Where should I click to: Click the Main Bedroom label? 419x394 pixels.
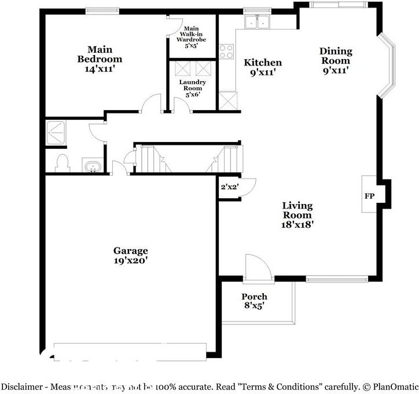pos(100,59)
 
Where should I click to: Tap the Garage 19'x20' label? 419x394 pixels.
pos(130,256)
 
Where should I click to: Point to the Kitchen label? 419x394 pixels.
pos(262,67)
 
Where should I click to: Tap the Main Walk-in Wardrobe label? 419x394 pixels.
pos(191,37)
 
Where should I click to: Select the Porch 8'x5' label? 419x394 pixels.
pos(254,301)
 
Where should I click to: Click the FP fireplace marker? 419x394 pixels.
pos(369,196)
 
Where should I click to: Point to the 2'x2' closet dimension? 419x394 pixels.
pos(230,187)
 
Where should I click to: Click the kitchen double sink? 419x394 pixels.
pos(258,22)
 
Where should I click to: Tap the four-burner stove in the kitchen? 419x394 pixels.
pos(226,51)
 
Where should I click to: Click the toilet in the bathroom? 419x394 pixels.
pos(62,163)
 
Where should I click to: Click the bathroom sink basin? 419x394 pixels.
pos(92,167)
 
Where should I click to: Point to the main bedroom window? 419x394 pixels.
pos(102,10)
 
